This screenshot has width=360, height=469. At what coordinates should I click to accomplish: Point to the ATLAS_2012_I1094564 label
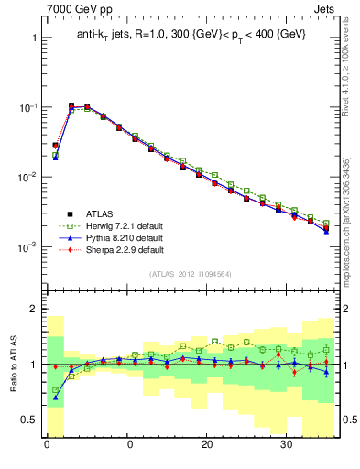pyautogui.click(x=190, y=273)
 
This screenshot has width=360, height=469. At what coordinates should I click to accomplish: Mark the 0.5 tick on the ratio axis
pyautogui.click(x=32, y=420)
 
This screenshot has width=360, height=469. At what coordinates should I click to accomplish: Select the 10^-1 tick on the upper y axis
pyautogui.click(x=27, y=108)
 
